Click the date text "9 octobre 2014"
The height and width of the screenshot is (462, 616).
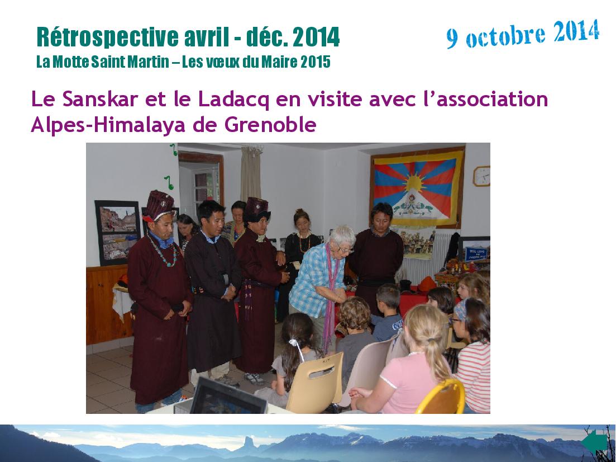click(523, 34)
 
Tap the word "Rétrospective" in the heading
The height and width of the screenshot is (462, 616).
click(108, 37)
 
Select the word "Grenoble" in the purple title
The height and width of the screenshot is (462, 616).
click(270, 125)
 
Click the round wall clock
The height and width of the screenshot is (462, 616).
click(481, 176)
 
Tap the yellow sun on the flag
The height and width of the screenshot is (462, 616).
click(416, 183)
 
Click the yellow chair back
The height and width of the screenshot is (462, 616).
click(442, 397)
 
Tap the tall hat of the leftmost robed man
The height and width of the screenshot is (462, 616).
click(158, 205)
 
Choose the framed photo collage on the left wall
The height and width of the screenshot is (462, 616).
click(118, 232)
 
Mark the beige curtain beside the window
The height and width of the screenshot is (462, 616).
click(251, 173)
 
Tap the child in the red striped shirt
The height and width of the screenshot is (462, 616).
click(472, 354)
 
